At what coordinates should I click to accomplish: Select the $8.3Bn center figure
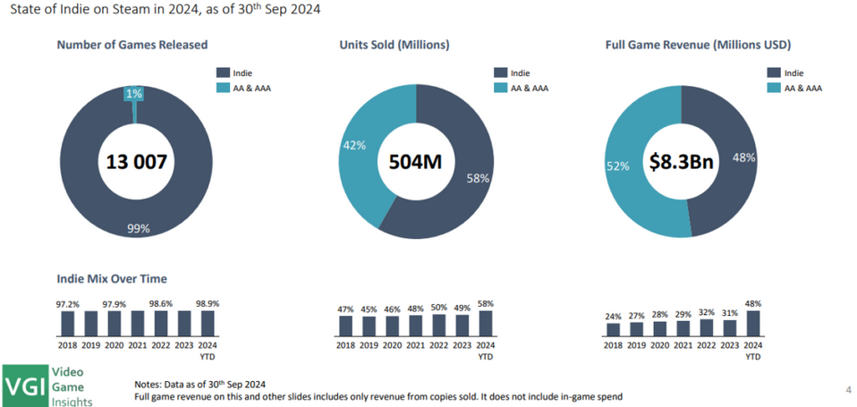[682, 162]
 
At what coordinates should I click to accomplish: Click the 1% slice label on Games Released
[134, 94]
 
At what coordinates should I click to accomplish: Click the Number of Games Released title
[132, 44]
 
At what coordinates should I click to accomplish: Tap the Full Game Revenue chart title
[700, 44]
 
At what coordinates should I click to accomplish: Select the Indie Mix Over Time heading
[112, 279]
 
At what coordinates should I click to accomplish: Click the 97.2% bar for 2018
[68, 321]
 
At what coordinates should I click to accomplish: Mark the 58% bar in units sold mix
[485, 321]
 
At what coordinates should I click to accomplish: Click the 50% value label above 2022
[438, 307]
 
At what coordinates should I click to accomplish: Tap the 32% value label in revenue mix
[706, 313]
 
